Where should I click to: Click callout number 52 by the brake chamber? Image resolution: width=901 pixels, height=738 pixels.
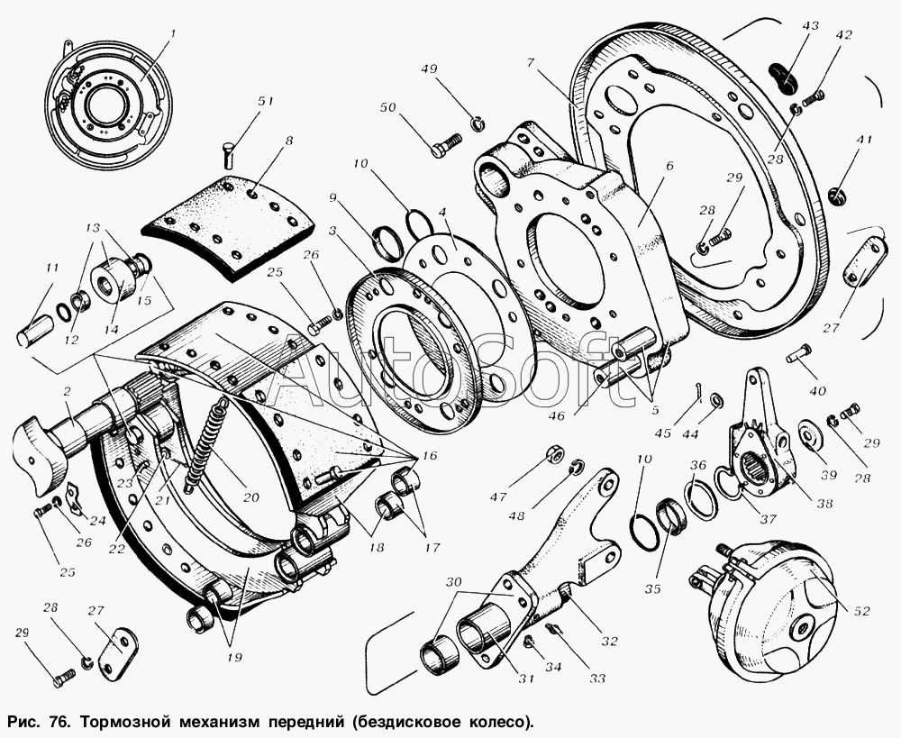pyautogui.click(x=862, y=611)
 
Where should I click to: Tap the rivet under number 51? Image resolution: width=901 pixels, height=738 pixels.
pyautogui.click(x=228, y=152)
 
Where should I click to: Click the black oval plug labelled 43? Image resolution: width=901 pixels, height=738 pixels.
pyautogui.click(x=784, y=77)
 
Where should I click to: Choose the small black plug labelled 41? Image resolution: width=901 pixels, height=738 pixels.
pyautogui.click(x=837, y=194)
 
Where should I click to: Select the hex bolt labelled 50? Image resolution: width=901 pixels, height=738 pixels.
pyautogui.click(x=445, y=144)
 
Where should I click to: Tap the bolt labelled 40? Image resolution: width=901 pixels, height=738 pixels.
pyautogui.click(x=797, y=354)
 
